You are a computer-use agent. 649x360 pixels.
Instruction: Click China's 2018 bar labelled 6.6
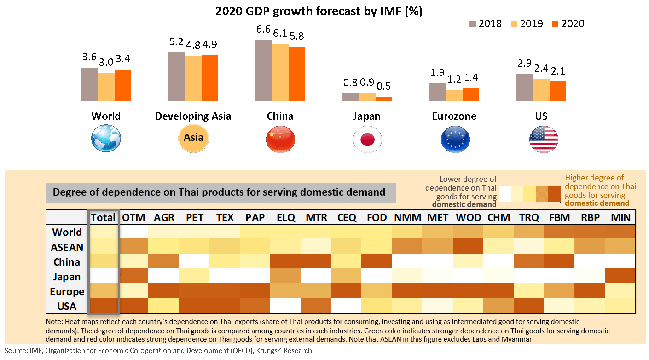pos(263,70)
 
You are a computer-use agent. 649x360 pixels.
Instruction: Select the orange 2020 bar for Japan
pos(384,99)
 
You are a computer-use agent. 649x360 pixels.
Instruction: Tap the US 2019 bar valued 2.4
pos(541,90)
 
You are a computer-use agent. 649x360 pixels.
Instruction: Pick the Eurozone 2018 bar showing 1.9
pos(437,92)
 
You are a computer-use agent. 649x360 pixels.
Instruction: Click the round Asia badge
pos(193,138)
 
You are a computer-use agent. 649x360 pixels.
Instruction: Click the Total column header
pos(104,217)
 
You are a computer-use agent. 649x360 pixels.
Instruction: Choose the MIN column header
pos(620,217)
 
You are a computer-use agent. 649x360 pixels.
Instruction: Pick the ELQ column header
pos(286,217)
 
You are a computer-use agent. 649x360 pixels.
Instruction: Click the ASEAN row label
pos(67,247)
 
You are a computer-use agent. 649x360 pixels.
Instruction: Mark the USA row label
pos(67,306)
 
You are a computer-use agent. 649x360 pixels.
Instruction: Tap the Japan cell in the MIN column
pos(620,277)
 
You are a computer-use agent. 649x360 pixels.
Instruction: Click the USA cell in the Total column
pos(104,306)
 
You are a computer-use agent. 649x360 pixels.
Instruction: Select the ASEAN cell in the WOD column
pos(469,247)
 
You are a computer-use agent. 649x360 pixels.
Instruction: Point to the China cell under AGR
pos(164,262)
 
